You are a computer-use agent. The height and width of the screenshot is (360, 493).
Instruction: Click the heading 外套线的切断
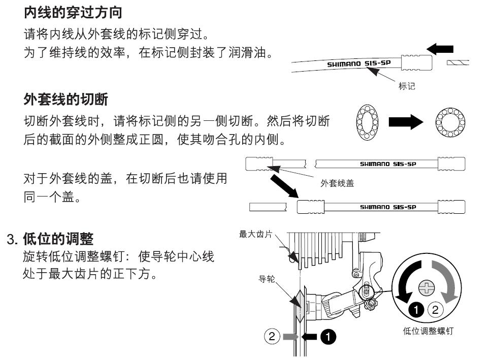65,100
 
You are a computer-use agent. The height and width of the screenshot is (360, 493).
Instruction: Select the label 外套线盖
337,184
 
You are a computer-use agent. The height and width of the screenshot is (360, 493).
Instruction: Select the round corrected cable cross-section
449,123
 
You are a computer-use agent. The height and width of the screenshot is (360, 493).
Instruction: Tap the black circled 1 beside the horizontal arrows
331,336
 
